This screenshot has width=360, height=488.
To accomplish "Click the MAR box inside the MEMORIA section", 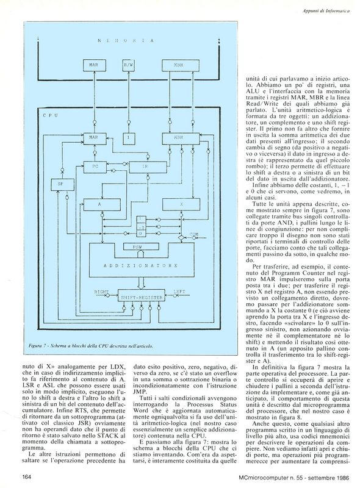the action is pos(93,65).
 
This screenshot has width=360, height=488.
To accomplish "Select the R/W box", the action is pos(128,65).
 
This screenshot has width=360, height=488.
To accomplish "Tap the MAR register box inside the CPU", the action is pos(95,138).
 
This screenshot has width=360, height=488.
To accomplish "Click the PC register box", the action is pos(95,167).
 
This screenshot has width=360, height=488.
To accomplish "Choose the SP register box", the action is pos(63,185).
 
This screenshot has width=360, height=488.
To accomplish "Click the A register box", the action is pos(102,205).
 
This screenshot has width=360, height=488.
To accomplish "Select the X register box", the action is pos(181,205).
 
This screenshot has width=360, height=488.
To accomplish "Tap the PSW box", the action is pos(142,247).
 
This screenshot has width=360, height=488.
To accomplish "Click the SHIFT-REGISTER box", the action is pos(142,298).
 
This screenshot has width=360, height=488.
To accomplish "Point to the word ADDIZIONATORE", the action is pos(140,265).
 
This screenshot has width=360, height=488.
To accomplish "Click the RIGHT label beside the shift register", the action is pos(101,292).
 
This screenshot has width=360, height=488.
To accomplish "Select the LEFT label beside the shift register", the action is pos(179,292).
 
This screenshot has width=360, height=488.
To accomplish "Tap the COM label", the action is pos(194,234).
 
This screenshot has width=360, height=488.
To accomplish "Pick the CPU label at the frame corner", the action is pos(50,115).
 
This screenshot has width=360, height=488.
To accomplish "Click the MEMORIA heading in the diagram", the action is pos(126,41).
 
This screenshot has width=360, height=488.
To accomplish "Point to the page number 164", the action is pos(28,476).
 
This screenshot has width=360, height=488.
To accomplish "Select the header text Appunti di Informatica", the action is pos(326,10).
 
